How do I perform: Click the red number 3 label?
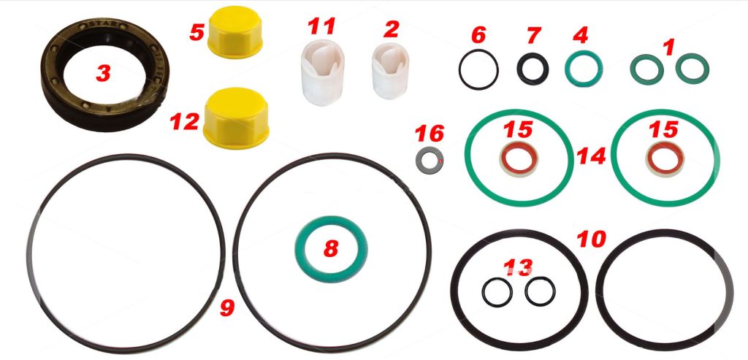click(103, 73)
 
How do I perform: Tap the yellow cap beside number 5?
click(235, 31)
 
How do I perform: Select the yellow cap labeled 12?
click(236, 118)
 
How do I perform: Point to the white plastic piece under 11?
click(322, 72)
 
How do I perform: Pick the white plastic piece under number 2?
click(390, 71)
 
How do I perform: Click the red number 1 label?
click(669, 47)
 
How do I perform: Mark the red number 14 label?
click(590, 156)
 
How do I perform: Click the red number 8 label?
click(331, 248)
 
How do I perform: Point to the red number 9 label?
click(227, 308)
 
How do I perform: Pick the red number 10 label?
click(591, 240)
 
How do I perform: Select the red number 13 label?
click(518, 268)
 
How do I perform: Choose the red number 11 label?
click(321, 26)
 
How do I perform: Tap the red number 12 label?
click(185, 122)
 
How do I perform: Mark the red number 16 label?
click(429, 134)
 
